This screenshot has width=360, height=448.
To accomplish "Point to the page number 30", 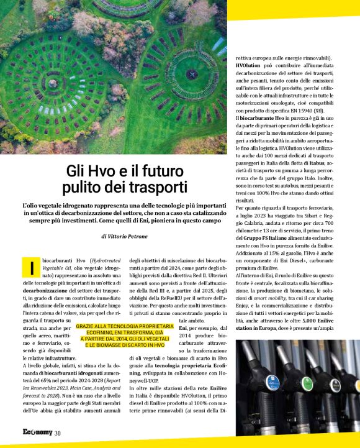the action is tap(57, 432).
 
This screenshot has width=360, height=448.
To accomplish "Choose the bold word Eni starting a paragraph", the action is tap(183, 327).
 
